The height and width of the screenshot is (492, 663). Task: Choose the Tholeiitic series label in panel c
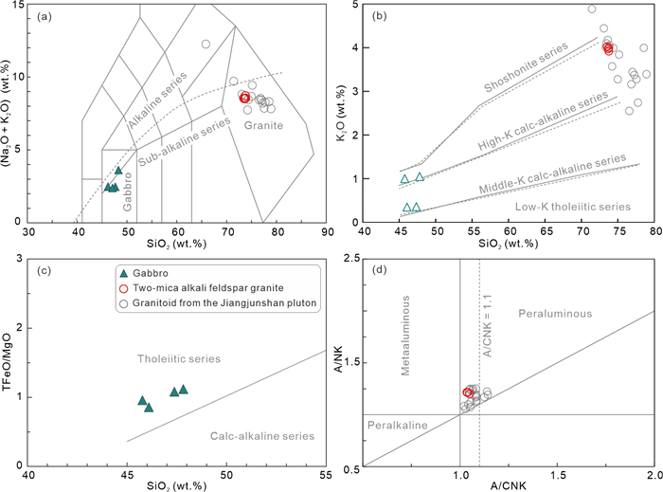point(179,333)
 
